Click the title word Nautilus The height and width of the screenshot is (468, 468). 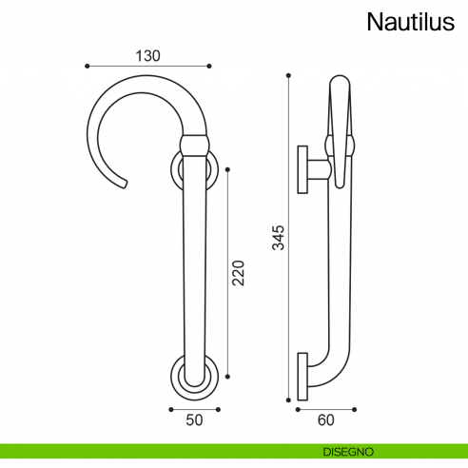coord(411,21)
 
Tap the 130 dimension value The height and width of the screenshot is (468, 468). coord(147,55)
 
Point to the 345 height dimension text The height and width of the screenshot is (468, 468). coord(278,236)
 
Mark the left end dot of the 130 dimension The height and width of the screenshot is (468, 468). coord(87,66)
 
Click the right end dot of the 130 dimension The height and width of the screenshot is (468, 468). coord(208,66)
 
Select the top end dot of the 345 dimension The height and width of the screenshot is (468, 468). coord(288,75)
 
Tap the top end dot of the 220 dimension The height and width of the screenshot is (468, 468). coord(225,169)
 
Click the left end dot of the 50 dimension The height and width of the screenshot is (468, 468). coord(170,410)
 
